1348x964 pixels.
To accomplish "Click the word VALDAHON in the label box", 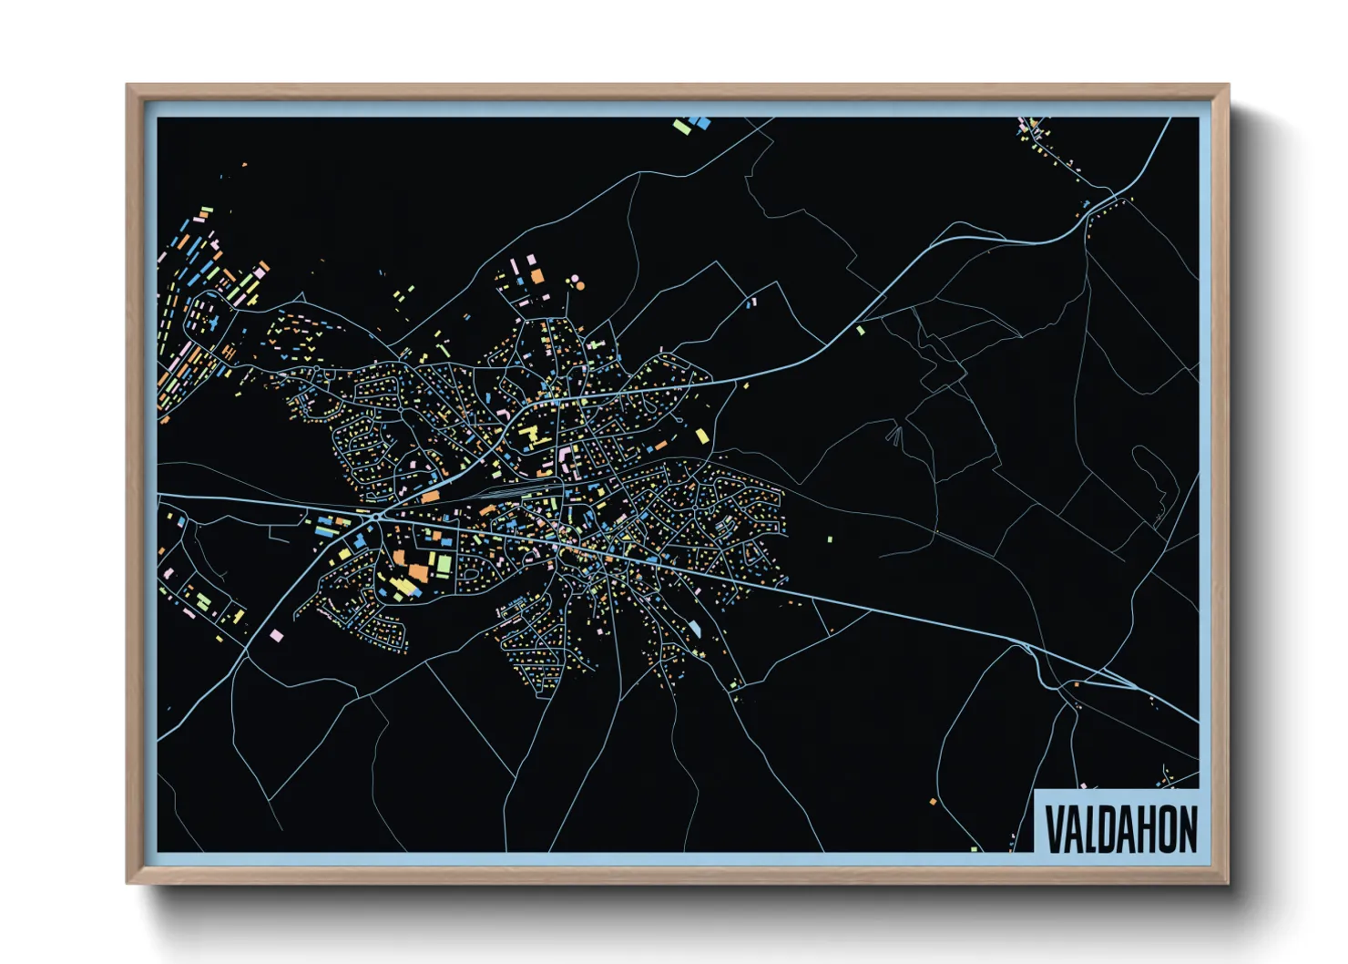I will point(1120,829).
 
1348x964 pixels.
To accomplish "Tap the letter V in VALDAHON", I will point(1054,829).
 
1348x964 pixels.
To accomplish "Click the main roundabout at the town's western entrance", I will point(376,517).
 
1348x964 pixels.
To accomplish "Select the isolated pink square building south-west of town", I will point(276,635).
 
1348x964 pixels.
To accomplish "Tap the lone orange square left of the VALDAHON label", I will point(933,802).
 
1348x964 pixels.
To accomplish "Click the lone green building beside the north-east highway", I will point(861,331).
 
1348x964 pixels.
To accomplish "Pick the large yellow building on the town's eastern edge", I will point(701,436).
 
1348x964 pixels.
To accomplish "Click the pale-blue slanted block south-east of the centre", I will point(696,629).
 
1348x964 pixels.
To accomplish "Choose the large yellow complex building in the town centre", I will point(530,436).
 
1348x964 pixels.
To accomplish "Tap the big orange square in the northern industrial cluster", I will point(537,275).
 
